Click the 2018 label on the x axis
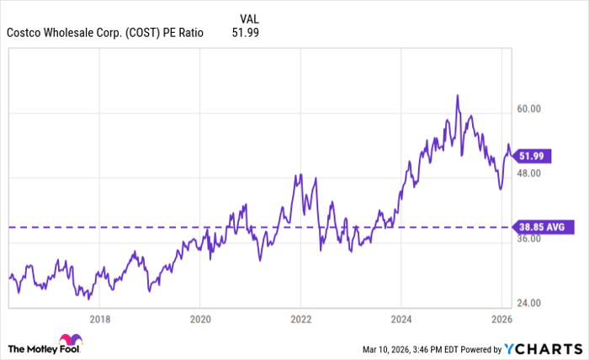[x=100, y=319]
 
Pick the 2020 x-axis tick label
[x=200, y=319]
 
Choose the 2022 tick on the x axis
[x=301, y=319]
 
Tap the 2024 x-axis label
[x=401, y=319]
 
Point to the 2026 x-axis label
[x=501, y=319]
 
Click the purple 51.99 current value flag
[x=536, y=156]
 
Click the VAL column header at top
[x=249, y=16]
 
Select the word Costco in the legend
[x=25, y=33]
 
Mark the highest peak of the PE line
[x=457, y=95]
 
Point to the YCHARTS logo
[x=546, y=348]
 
